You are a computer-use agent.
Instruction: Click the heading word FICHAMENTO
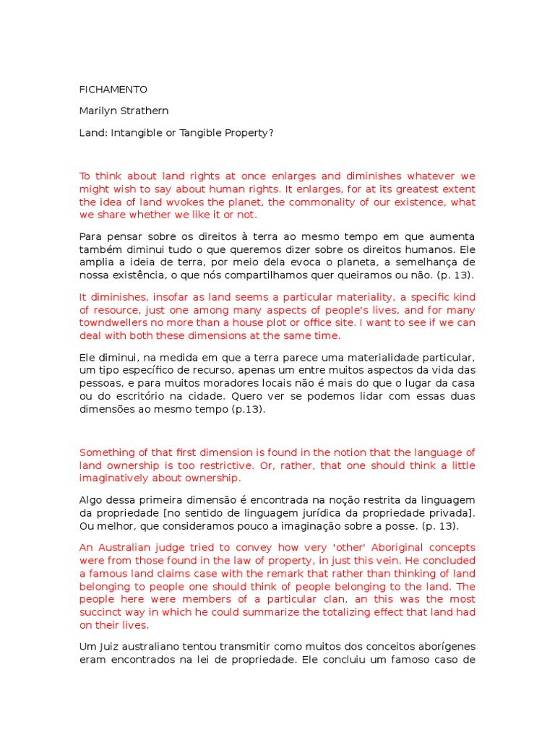tap(113, 90)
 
